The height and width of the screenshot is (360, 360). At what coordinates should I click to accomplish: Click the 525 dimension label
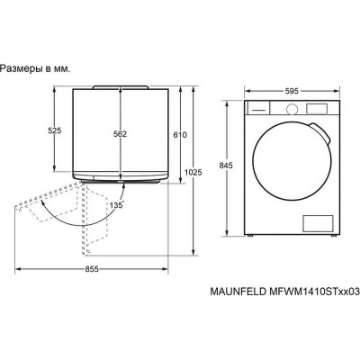[56, 131]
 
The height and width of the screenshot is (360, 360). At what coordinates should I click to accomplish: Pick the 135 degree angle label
[115, 205]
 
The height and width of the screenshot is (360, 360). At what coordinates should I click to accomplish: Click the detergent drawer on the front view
[261, 107]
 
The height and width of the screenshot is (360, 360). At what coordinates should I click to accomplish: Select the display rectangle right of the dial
[314, 107]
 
